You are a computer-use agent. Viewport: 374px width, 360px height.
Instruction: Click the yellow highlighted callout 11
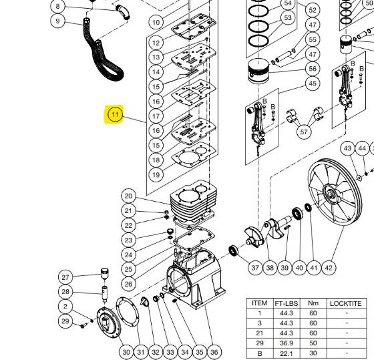(x=116, y=115)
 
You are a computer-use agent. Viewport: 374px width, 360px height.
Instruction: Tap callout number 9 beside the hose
(x=58, y=21)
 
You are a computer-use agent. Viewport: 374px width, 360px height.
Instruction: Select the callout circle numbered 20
(x=129, y=196)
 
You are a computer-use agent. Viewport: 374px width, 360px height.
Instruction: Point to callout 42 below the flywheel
(x=328, y=268)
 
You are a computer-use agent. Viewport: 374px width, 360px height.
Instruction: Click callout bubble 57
(x=305, y=132)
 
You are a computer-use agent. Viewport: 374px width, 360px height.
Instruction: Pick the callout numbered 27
(x=65, y=277)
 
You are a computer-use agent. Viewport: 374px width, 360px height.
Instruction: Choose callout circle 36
(x=214, y=352)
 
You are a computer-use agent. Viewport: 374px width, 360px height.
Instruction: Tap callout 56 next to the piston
(x=312, y=69)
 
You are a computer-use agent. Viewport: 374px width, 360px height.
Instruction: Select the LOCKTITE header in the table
(x=346, y=303)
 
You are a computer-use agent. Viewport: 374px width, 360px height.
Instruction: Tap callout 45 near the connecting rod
(x=312, y=83)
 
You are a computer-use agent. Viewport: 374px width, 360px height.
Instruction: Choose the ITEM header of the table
(x=259, y=303)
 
